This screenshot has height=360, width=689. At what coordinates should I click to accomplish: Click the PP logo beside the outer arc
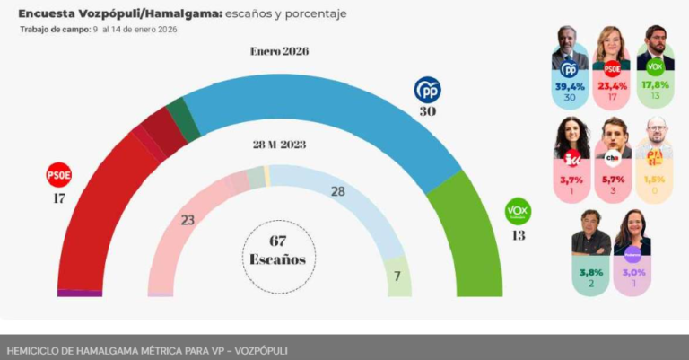[x=427, y=90]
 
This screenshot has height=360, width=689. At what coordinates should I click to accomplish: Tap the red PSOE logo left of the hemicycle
[x=58, y=173]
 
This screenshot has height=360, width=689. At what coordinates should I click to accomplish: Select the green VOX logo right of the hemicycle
[x=518, y=211]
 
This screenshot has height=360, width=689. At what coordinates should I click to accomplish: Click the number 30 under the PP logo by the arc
[x=427, y=111]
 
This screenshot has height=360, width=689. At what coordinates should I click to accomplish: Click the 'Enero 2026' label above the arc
[x=279, y=51]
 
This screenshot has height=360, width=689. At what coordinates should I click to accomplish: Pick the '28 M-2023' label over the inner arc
[x=279, y=145]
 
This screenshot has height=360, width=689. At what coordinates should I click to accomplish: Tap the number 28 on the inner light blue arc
[x=337, y=192]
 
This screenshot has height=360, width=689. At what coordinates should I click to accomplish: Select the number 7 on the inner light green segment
[x=397, y=277]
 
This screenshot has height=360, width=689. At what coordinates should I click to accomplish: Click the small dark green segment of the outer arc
[x=183, y=119]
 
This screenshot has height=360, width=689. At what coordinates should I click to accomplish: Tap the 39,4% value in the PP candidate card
[x=569, y=86]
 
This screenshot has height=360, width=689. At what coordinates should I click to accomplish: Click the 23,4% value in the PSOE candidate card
[x=612, y=86]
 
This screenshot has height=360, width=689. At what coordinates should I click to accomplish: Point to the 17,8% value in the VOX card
[x=655, y=85]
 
